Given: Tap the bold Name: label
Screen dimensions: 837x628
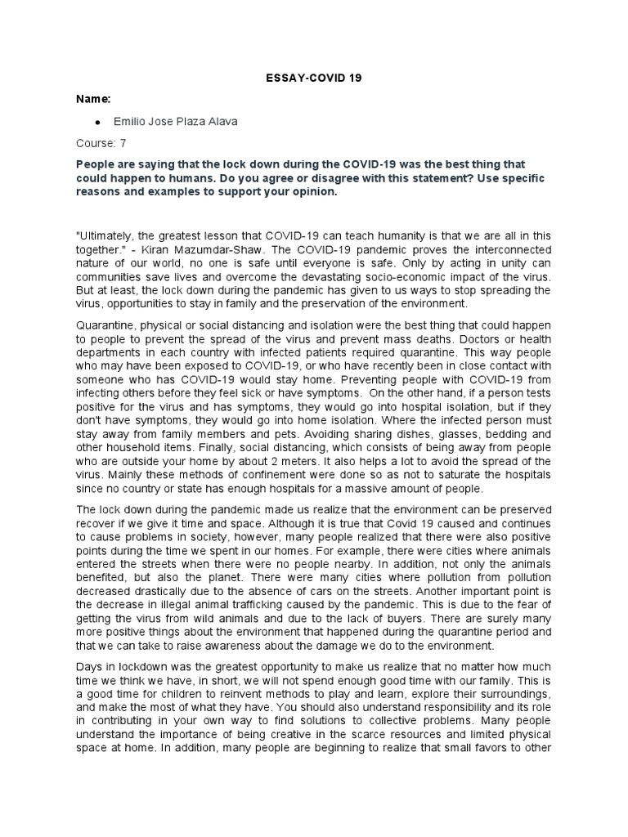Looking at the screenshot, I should tap(94, 99).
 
